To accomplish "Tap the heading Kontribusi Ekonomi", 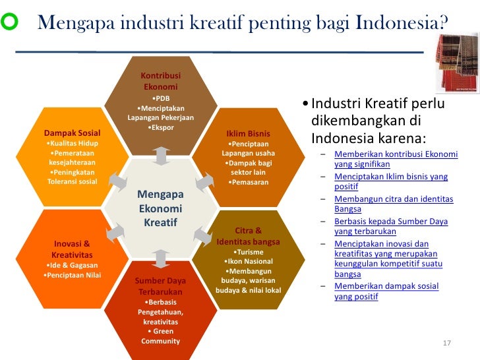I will tap(160, 81).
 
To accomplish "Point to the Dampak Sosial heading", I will tap(72, 133).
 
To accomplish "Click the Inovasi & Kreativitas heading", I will tap(72, 249).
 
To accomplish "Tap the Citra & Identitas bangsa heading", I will tap(248, 236).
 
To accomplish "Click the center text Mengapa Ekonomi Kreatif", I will tap(160, 208).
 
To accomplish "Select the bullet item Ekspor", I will tap(160, 127).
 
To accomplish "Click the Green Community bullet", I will tap(160, 336).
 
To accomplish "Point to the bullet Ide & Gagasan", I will tap(72, 265).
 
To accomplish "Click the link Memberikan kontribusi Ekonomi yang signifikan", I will tap(395, 159).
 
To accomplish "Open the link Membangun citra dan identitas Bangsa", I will tap(393, 204).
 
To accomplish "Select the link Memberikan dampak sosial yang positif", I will tap(386, 291).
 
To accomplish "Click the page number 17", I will tap(446, 344).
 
